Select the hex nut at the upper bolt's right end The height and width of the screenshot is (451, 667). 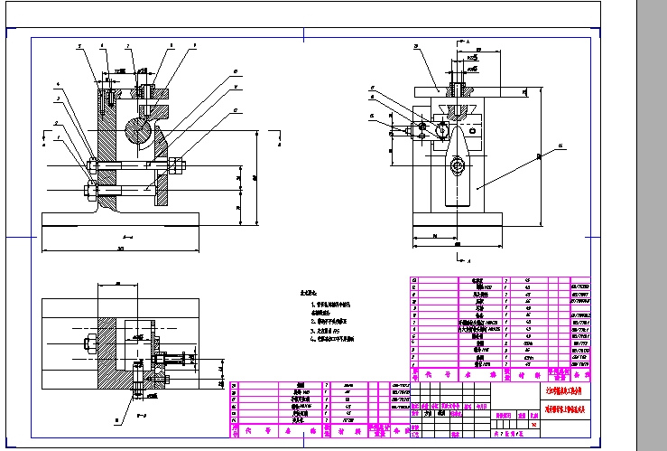[171, 164]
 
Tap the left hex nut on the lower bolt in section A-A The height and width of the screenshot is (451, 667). [91, 189]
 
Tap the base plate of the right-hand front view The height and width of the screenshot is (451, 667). [459, 220]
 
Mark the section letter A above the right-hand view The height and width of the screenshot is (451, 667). [470, 42]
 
